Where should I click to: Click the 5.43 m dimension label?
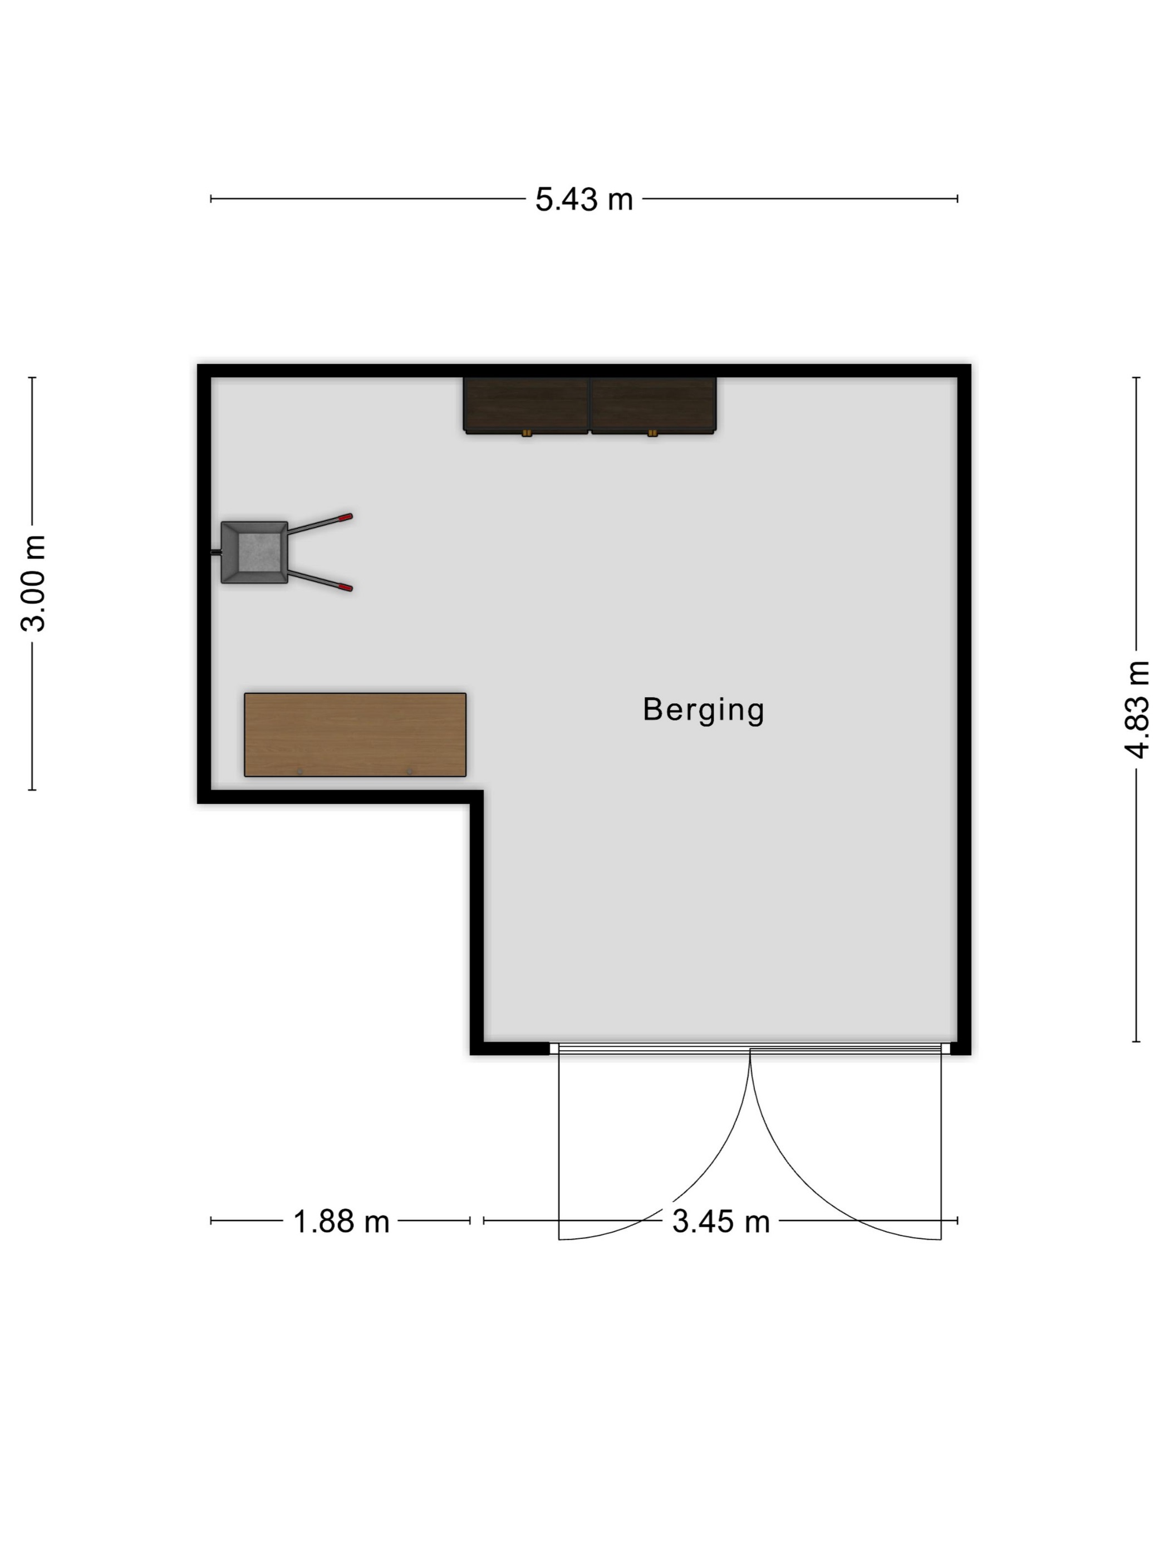pyautogui.click(x=583, y=199)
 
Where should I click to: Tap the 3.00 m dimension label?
pyautogui.click(x=33, y=583)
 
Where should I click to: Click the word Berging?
pyautogui.click(x=703, y=710)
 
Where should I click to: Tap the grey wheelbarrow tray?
pyautogui.click(x=254, y=552)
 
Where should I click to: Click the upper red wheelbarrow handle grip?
pyautogui.click(x=345, y=517)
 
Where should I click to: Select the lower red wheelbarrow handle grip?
pyautogui.click(x=345, y=587)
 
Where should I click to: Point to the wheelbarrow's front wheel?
pyautogui.click(x=215, y=552)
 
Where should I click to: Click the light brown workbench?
pyautogui.click(x=355, y=734)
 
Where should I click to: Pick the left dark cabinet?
pyautogui.click(x=525, y=405)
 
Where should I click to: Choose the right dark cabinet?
pyautogui.click(x=653, y=405)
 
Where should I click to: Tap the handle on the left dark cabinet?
pyautogui.click(x=527, y=433)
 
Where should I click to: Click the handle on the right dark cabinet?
pyautogui.click(x=652, y=433)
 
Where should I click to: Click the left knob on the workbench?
pyautogui.click(x=299, y=772)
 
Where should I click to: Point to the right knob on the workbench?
pyautogui.click(x=410, y=772)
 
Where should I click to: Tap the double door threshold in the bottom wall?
pyautogui.click(x=750, y=1049)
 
